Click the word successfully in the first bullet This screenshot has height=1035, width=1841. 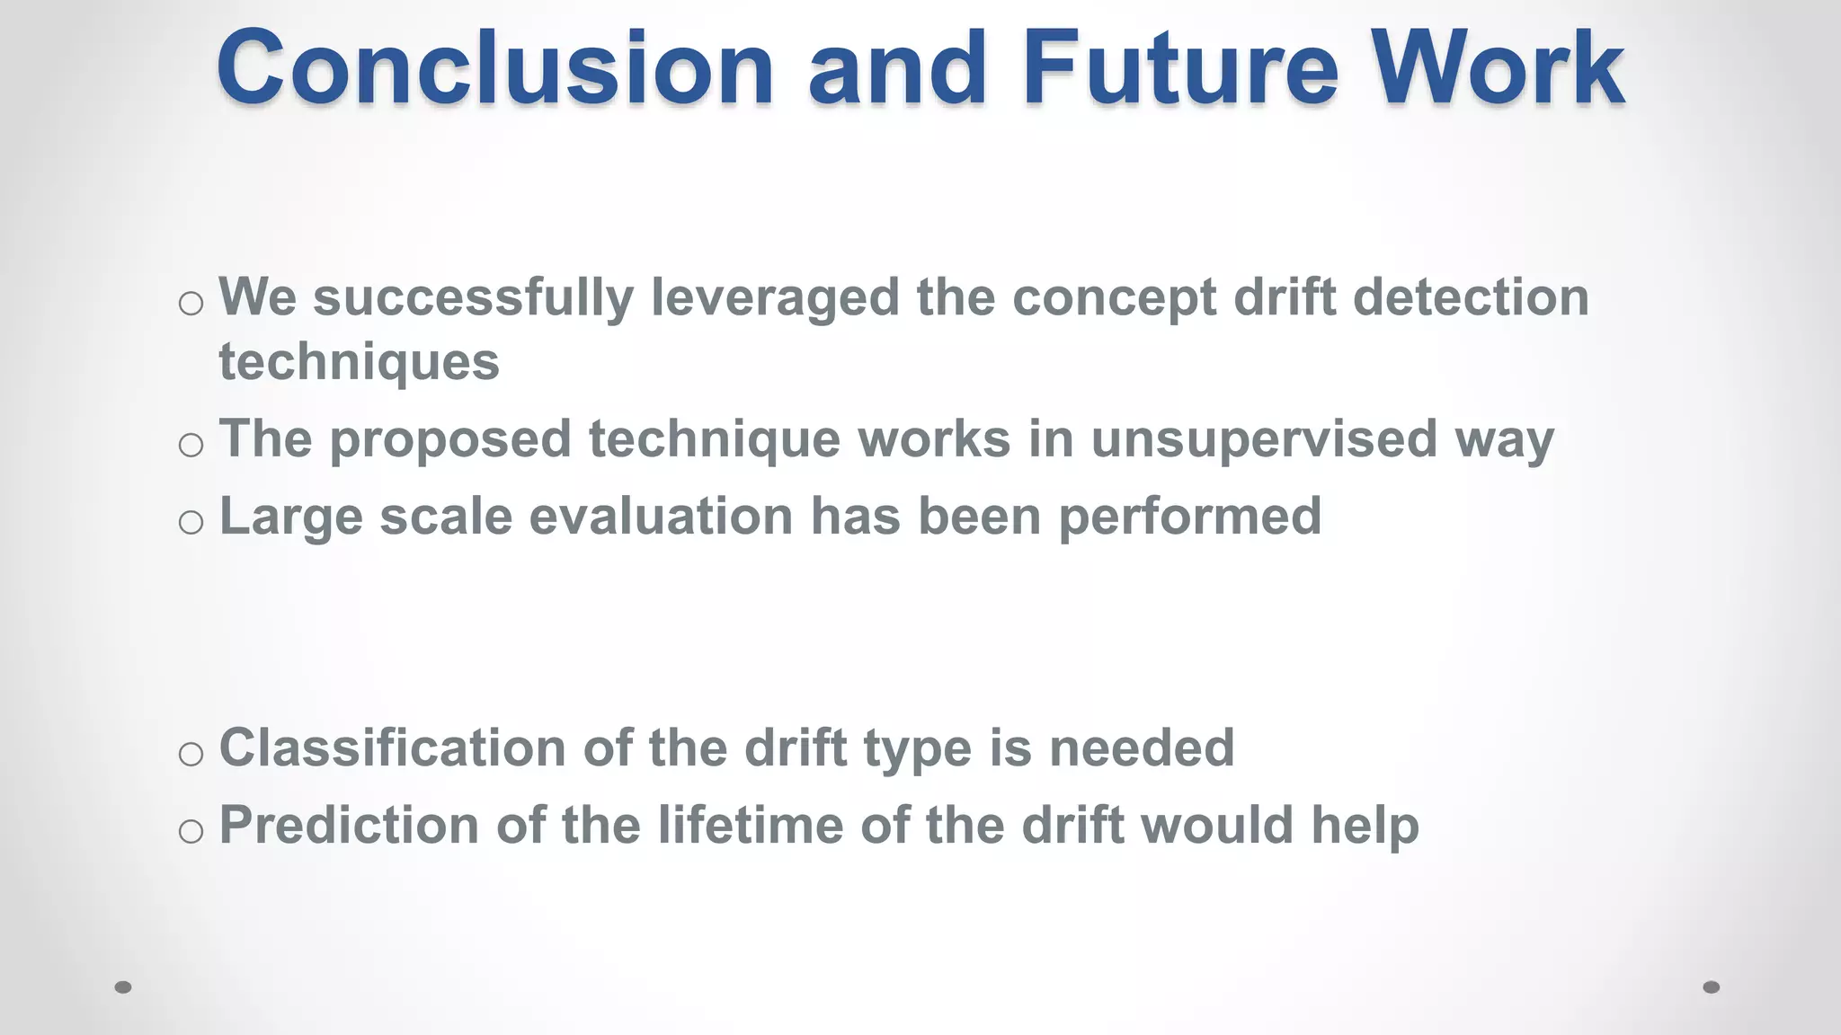point(473,298)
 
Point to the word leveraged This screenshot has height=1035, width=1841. point(774,298)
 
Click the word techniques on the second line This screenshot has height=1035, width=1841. point(359,363)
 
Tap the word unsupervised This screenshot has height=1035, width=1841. point(1264,440)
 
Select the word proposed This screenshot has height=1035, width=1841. point(449,440)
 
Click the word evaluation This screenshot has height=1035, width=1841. point(661,517)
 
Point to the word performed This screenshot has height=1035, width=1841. point(1189,518)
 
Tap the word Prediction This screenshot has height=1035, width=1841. point(349,826)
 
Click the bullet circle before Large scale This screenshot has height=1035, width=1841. point(191,522)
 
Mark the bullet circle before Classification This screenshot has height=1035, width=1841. point(191,754)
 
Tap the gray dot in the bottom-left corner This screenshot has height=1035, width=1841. point(123,987)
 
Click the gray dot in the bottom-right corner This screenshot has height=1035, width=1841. point(1712,987)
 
